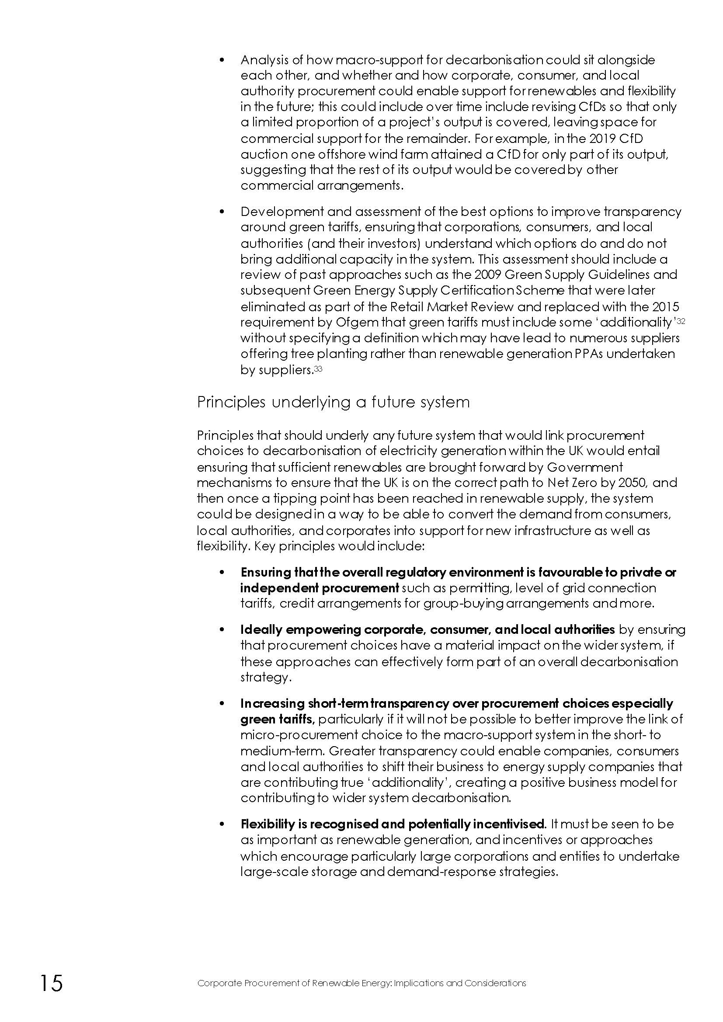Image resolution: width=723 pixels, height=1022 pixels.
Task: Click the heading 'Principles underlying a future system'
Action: click(333, 403)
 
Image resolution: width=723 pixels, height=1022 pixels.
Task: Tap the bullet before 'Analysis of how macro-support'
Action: click(222, 60)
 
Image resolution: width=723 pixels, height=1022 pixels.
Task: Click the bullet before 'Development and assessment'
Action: click(222, 212)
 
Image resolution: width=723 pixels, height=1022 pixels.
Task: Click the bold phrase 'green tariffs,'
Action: click(278, 719)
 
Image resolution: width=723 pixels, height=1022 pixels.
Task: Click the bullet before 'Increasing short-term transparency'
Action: click(222, 704)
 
